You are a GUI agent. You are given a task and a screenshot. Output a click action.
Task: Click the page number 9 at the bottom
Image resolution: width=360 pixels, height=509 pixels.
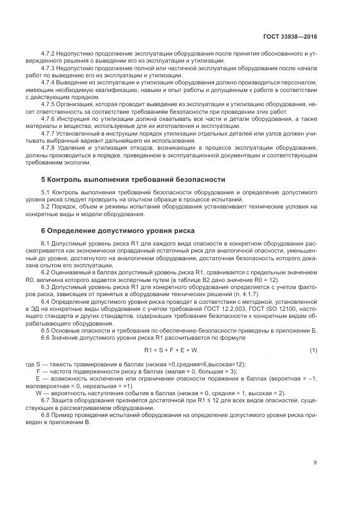[315, 463]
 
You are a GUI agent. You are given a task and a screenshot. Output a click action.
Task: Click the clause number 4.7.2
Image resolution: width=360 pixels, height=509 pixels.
[48, 54]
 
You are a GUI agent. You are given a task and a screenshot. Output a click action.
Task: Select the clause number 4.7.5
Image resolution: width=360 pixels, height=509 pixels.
[48, 102]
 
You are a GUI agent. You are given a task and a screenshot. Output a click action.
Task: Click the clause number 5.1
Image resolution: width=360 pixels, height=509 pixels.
[45, 193]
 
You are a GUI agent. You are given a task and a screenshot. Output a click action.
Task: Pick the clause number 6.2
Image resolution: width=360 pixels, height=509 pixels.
[45, 272]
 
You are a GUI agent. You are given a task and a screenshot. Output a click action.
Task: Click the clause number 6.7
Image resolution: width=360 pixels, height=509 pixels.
[45, 401]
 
